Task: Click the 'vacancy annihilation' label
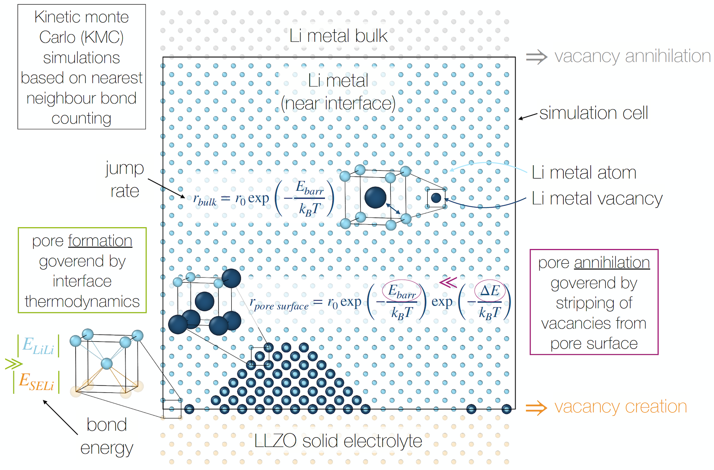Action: (633, 56)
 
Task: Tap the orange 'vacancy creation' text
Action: (621, 407)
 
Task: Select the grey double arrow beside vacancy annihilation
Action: (536, 57)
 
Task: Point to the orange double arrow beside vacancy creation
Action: (536, 408)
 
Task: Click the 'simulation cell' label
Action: (594, 113)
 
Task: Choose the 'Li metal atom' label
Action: (584, 172)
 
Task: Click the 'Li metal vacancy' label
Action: (597, 199)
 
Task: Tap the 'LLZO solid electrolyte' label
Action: (338, 441)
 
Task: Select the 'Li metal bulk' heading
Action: (338, 36)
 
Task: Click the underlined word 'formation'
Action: (100, 241)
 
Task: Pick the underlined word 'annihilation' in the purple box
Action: (612, 263)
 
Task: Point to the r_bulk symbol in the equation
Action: (205, 200)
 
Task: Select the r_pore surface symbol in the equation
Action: (279, 304)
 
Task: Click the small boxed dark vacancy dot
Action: (436, 198)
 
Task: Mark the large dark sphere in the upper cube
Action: (376, 197)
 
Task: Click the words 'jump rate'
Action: (125, 179)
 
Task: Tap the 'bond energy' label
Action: (107, 436)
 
